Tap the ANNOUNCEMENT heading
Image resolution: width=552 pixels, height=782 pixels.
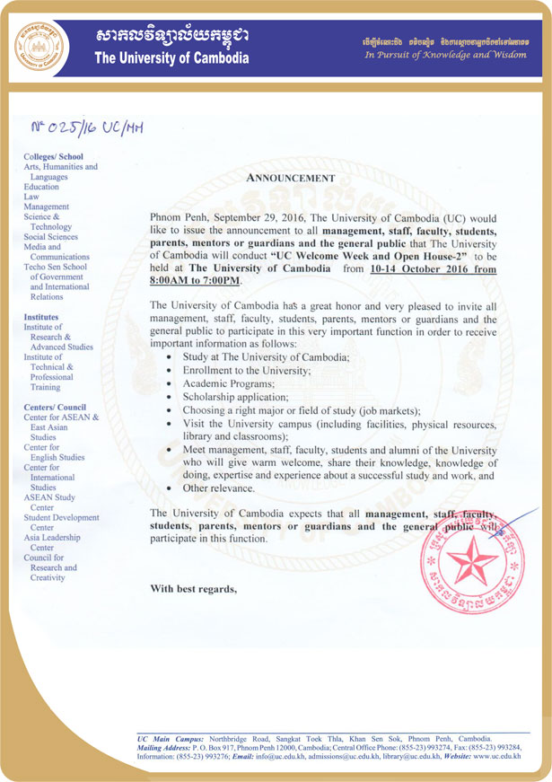coord(290,178)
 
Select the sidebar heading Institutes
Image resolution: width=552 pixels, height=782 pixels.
coord(42,317)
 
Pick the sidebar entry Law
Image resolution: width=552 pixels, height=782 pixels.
coord(31,196)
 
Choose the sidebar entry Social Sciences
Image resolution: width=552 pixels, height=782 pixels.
coord(51,236)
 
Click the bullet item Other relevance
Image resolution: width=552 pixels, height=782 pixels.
coord(218,488)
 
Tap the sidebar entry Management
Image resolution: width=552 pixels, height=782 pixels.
coord(46,206)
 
